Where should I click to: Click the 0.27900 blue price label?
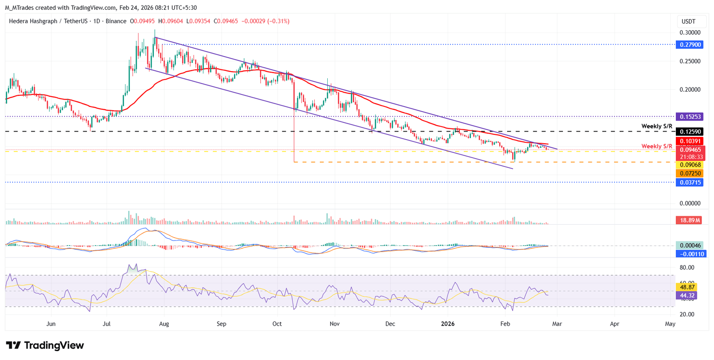pos(690,45)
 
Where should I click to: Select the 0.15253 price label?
pos(690,116)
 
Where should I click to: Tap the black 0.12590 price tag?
pos(690,132)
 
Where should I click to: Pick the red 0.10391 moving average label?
pos(690,141)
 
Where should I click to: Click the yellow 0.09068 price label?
pos(690,165)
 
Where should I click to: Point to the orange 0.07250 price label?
pos(690,173)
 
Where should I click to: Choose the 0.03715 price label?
pos(690,182)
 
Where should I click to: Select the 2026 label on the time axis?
pos(448,324)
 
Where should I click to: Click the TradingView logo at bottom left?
pos(45,346)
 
